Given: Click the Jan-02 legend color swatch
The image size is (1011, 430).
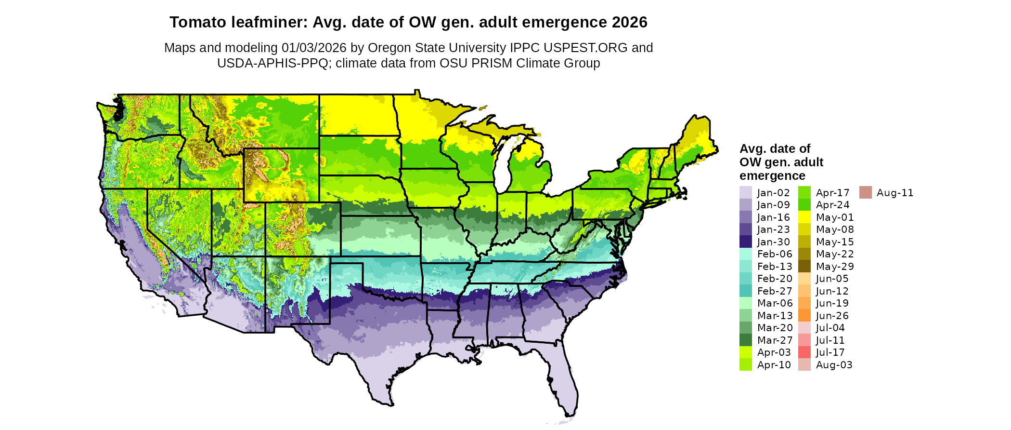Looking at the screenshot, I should (x=745, y=192).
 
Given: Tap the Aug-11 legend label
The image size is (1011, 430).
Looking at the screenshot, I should (x=894, y=193).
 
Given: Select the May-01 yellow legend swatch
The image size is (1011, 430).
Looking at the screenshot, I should (x=804, y=217).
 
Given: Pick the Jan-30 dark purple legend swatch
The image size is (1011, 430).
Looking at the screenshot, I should (x=745, y=242).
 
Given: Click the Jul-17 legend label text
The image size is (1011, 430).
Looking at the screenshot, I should (x=830, y=352).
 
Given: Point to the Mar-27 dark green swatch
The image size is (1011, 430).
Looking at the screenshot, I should (x=745, y=340).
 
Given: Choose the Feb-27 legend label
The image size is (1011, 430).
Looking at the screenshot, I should (x=774, y=291).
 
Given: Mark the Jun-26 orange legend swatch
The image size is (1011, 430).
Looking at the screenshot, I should (x=804, y=316).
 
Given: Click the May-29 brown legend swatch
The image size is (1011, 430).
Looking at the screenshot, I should (x=804, y=267).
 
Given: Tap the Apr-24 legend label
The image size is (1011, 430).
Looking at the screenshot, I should (x=832, y=205).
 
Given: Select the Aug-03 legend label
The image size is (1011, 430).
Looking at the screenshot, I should (x=834, y=365).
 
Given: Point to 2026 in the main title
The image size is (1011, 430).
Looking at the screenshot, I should (x=630, y=22).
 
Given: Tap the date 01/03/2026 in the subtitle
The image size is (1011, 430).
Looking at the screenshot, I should (x=314, y=48).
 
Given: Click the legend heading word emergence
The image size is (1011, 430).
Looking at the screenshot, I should (x=772, y=175).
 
